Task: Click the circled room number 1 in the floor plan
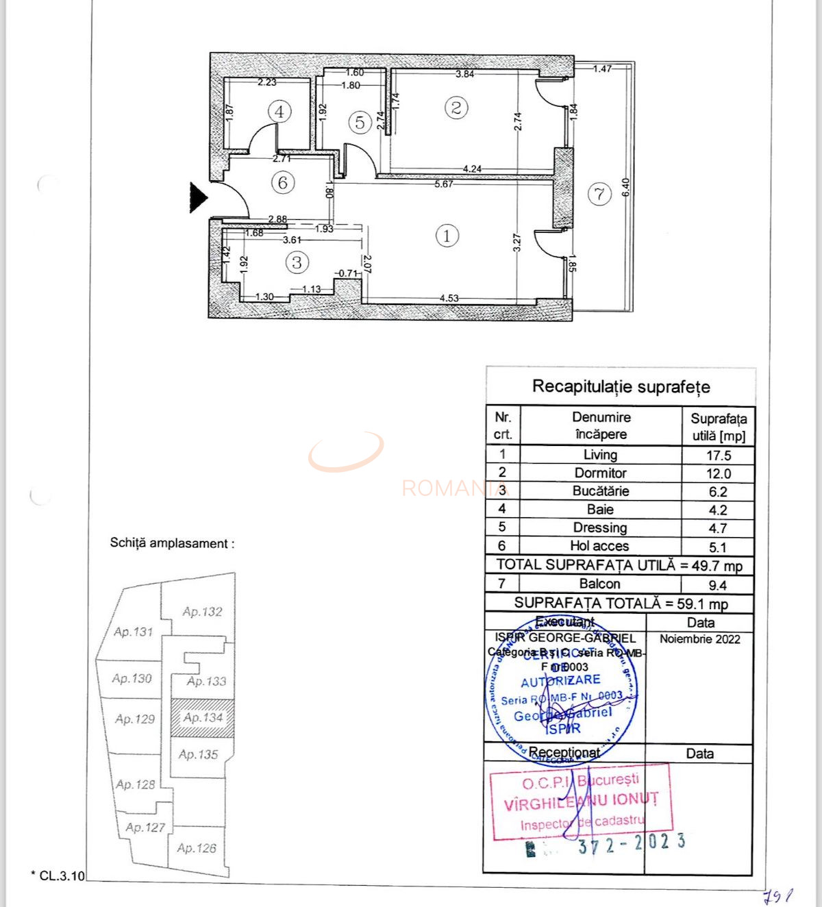point(447,236)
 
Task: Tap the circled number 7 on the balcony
point(599,195)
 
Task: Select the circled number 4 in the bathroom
point(279,112)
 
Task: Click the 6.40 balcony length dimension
point(625,187)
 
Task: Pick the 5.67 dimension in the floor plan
point(444,184)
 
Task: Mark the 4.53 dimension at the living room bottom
point(449,298)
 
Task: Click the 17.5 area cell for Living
point(718,456)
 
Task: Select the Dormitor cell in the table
point(600,473)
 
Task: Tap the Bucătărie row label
point(600,491)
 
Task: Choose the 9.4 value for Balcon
point(718,585)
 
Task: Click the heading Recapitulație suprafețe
point(621,386)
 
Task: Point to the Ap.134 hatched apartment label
point(203,717)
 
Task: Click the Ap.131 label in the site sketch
point(133,632)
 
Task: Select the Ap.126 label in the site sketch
point(196,848)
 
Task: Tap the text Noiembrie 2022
point(699,639)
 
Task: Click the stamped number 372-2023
point(631,843)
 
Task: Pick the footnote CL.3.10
point(59,875)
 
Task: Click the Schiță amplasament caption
point(172,543)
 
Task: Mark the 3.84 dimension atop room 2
point(464,74)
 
